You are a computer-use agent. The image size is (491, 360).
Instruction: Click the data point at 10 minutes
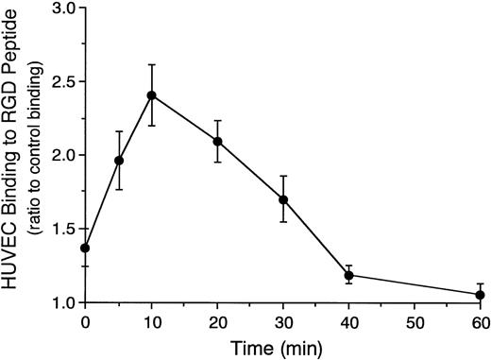click(151, 95)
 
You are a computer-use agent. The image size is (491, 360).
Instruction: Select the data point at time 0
click(85, 248)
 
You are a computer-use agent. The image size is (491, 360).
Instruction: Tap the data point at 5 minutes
click(118, 161)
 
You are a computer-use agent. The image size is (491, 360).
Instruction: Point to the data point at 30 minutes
click(283, 200)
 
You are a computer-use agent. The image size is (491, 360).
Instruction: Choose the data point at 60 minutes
click(481, 295)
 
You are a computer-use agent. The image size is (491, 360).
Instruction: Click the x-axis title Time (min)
click(282, 348)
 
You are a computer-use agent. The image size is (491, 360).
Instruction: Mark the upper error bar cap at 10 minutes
click(151, 64)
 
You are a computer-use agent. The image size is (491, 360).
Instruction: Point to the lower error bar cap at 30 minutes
click(283, 221)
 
